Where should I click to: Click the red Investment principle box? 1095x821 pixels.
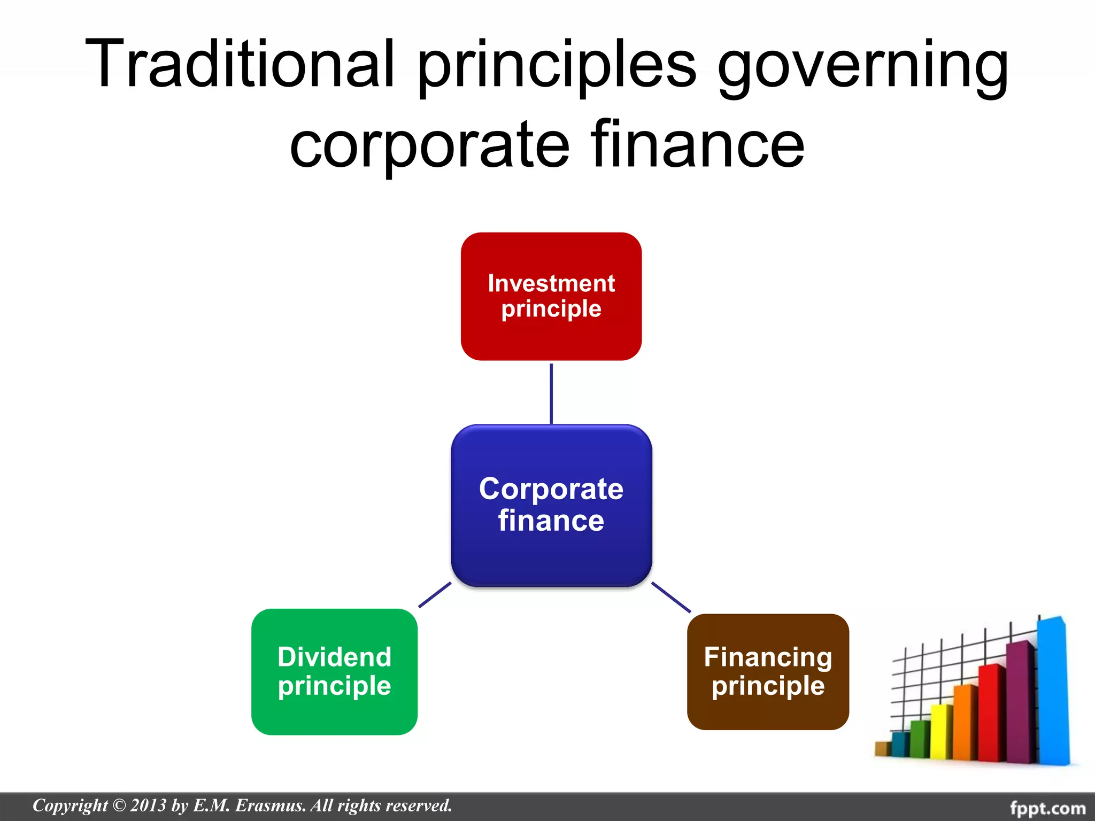tap(551, 296)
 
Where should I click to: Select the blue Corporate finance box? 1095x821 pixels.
tap(551, 505)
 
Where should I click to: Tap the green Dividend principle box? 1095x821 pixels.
tap(334, 671)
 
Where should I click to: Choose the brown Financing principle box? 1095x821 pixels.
tap(768, 671)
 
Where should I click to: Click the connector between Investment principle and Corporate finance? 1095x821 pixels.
tap(551, 393)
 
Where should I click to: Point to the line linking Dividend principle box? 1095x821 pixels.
tap(435, 594)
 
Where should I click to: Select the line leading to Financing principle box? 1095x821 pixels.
tap(671, 597)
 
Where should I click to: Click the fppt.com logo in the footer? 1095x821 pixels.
tap(1047, 808)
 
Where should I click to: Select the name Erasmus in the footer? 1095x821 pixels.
tap(271, 805)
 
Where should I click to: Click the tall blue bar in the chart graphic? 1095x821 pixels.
tap(1052, 690)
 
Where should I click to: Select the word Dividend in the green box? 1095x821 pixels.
tap(334, 657)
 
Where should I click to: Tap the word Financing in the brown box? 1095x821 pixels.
tap(768, 657)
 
